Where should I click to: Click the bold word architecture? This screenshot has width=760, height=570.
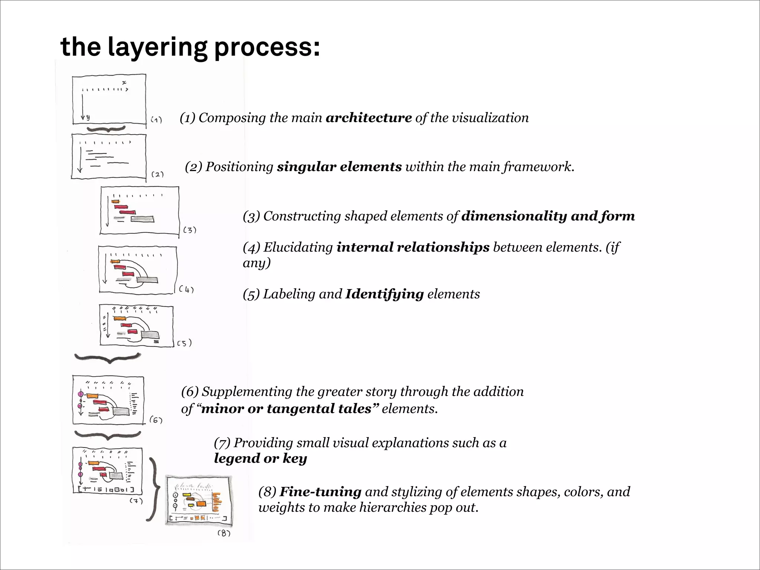tap(368, 118)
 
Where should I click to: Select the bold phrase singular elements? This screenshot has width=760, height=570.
tap(339, 167)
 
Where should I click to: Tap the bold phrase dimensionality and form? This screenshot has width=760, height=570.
tap(548, 216)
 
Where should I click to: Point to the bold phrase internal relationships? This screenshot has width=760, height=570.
tap(413, 247)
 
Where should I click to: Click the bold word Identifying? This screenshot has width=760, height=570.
tap(384, 294)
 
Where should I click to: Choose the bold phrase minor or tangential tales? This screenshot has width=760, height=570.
tap(286, 409)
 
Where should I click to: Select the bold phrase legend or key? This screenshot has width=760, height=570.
tap(261, 458)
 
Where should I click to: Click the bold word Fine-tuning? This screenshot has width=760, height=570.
tap(320, 492)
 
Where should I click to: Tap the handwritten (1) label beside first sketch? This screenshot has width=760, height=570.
tap(156, 120)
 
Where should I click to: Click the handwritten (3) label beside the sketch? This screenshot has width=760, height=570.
tap(190, 230)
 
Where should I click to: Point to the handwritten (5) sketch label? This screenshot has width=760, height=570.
tap(184, 343)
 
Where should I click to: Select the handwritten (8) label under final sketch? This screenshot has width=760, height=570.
tap(224, 533)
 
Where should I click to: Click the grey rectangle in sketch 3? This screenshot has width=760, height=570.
tap(142, 219)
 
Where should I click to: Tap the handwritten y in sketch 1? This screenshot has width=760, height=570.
tap(88, 117)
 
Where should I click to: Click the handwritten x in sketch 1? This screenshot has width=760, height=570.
tap(124, 82)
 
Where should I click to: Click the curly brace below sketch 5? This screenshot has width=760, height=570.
tap(108, 358)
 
